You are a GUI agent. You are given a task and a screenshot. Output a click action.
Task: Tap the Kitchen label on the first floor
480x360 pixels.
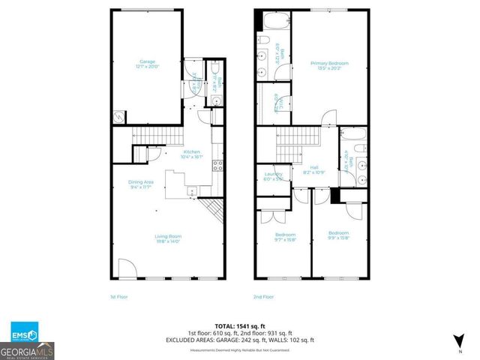[x=191, y=154]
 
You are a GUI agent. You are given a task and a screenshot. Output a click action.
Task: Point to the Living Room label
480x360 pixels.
[x=169, y=238]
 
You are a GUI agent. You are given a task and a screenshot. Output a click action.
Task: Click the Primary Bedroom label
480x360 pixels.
[x=329, y=66]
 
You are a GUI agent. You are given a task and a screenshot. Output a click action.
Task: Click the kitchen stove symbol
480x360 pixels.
[x=217, y=166]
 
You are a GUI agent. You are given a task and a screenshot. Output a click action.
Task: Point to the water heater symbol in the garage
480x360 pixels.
[x=119, y=116]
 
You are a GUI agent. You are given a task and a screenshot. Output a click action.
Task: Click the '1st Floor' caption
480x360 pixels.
[x=118, y=297]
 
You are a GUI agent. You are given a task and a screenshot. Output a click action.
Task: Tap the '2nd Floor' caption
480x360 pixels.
[x=263, y=297]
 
